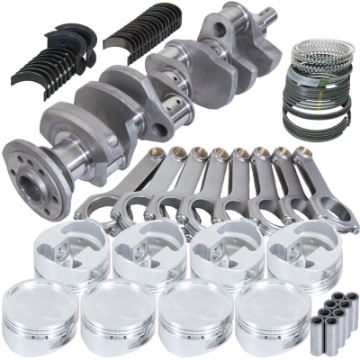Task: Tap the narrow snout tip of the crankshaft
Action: pos(273,23)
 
